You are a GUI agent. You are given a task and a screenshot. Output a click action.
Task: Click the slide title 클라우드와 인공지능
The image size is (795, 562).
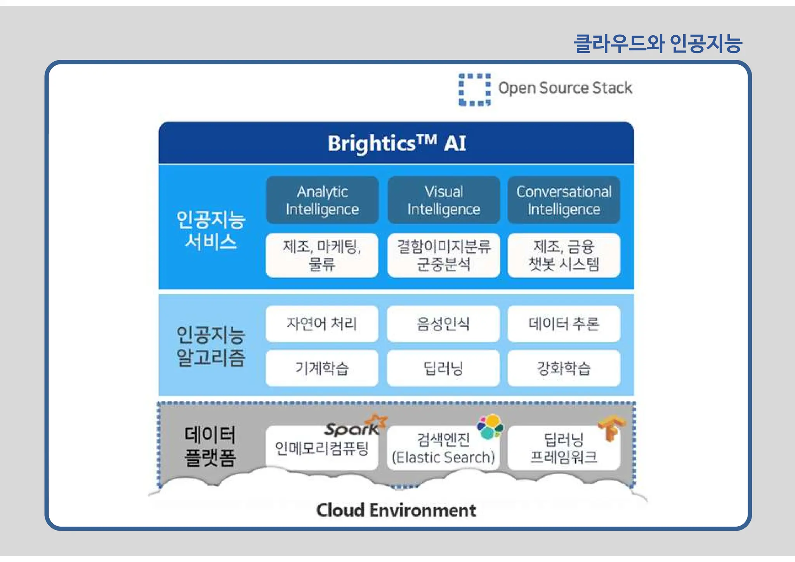[658, 43]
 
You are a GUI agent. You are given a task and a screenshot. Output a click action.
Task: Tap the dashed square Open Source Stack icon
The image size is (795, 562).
[474, 90]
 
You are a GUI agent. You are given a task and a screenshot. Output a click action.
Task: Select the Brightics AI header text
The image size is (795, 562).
[396, 143]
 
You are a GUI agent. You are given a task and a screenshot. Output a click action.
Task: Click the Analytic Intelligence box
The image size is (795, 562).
[322, 200]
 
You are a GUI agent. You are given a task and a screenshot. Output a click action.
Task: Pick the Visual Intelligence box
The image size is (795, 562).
[444, 200]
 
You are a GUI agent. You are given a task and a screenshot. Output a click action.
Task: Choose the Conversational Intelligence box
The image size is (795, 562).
[564, 200]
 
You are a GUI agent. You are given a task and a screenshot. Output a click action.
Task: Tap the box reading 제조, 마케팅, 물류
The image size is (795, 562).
[322, 255]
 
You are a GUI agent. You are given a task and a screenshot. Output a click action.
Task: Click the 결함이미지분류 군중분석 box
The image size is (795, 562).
[444, 255]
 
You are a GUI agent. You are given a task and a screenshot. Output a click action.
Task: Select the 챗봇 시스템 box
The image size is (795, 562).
[564, 255]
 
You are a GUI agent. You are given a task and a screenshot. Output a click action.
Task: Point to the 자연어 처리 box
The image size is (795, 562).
[322, 324]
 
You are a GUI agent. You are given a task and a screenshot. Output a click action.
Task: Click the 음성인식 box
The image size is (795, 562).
[443, 324]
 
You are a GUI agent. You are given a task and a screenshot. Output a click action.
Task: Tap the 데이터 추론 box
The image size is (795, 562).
[564, 324]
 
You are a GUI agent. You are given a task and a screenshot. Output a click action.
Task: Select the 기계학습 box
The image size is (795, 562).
[322, 368]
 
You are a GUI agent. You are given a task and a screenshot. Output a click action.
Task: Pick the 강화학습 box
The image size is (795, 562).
[564, 368]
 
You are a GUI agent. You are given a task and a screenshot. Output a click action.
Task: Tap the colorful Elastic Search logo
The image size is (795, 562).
[490, 426]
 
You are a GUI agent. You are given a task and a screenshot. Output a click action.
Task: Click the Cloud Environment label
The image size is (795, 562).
[396, 510]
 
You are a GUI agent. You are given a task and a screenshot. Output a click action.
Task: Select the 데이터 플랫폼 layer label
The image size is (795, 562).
[210, 446]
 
